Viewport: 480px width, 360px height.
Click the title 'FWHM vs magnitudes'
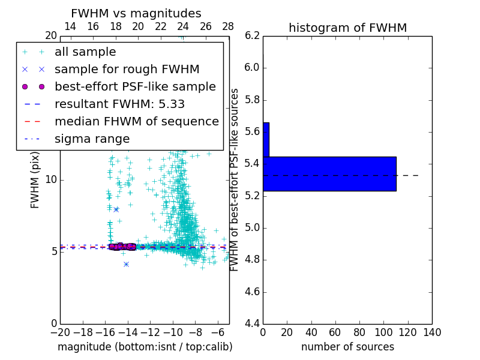click(136, 14)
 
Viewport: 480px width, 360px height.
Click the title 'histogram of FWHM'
click(347, 28)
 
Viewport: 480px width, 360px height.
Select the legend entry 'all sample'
click(85, 52)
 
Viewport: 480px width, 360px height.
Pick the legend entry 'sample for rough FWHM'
click(127, 70)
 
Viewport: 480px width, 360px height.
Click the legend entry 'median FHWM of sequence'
click(136, 122)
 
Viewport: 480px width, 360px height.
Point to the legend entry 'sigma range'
click(92, 139)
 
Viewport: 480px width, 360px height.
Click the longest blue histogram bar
click(329, 174)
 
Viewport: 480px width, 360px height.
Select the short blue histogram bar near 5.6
click(266, 140)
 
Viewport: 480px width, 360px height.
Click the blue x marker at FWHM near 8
click(116, 209)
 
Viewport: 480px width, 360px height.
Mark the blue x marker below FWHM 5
click(126, 264)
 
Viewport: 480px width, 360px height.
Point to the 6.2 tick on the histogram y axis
click(252, 35)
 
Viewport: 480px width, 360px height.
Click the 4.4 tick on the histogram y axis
click(252, 323)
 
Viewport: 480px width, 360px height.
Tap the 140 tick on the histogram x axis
click(431, 332)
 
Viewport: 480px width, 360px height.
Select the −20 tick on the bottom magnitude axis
click(60, 332)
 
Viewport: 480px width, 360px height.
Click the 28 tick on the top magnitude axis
click(228, 26)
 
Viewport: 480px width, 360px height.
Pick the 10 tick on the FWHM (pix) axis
click(51, 180)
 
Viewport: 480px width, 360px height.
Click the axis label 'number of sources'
click(347, 347)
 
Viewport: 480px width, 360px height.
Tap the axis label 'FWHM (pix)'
click(35, 180)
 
